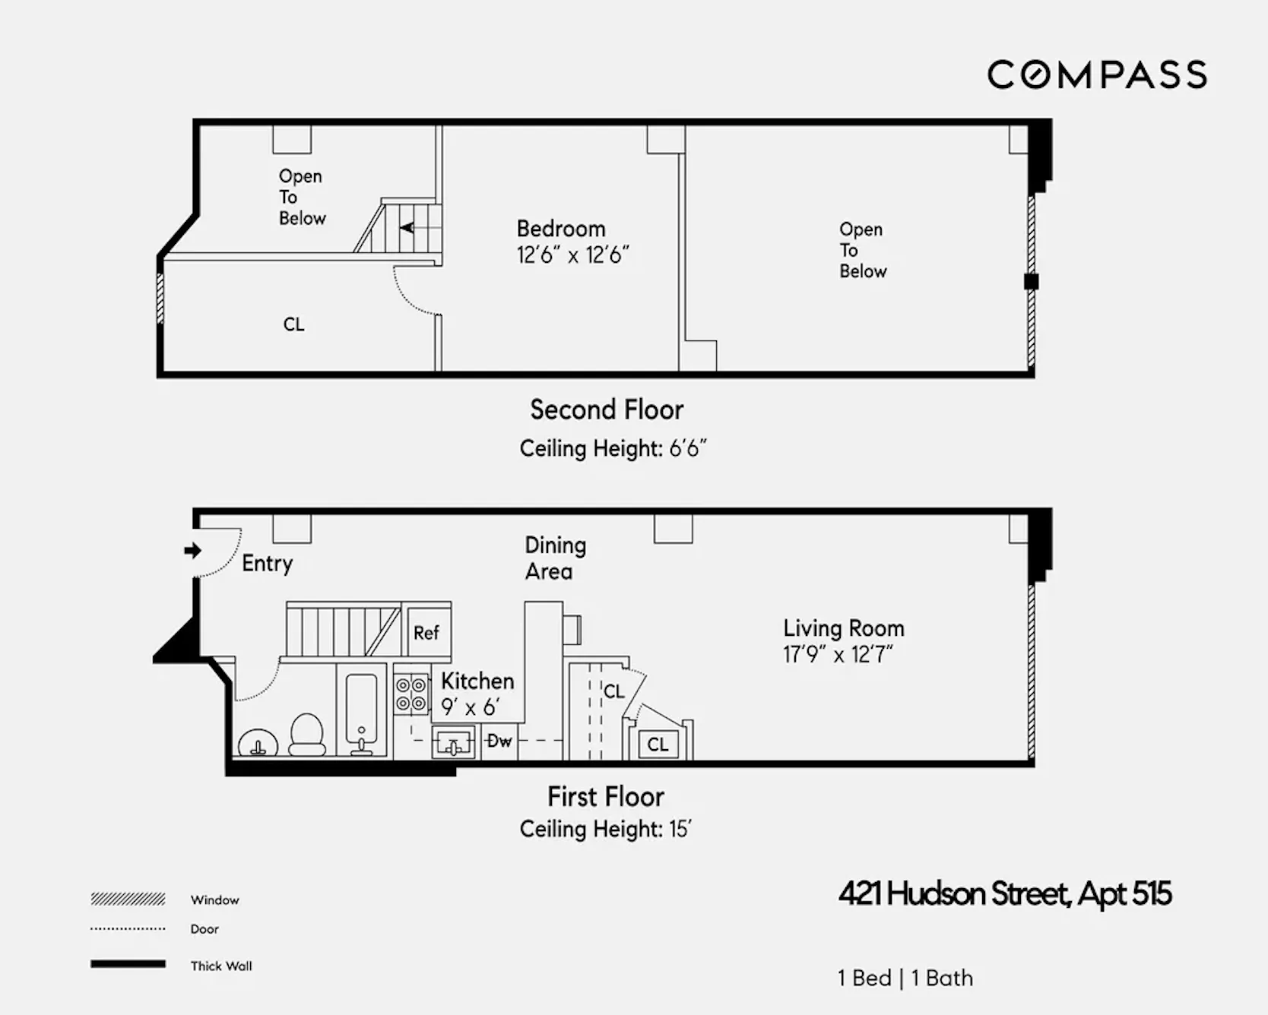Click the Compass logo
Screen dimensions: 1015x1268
1096,74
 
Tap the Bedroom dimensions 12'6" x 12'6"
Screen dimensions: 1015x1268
572,255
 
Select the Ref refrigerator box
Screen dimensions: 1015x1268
426,633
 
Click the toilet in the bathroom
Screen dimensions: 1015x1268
307,734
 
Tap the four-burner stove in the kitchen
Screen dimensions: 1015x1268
411,694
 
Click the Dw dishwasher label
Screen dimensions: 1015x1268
499,741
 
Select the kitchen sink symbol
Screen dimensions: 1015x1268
454,743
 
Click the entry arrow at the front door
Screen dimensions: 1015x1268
192,550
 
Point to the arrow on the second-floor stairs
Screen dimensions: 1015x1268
407,227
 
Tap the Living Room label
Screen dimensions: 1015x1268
844,628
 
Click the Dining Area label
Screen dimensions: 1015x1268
555,558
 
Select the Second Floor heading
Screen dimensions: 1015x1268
607,410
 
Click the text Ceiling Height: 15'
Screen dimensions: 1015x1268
605,829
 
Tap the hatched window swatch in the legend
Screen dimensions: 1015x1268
128,900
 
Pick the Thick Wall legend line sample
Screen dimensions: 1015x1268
128,964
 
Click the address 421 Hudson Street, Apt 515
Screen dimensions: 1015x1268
1005,894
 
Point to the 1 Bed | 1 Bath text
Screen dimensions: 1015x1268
905,978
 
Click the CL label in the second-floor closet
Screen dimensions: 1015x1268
293,324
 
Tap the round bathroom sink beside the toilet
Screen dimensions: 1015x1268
258,743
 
